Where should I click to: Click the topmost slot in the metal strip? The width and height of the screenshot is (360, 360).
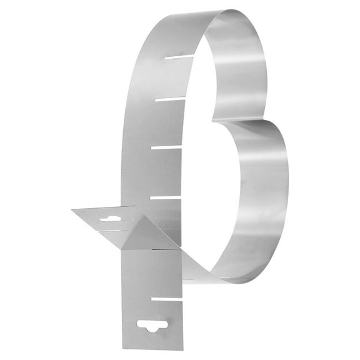pos(180,57)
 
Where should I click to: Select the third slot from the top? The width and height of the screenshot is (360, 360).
pos(166,147)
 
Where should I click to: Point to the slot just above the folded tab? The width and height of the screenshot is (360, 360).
pos(165,197)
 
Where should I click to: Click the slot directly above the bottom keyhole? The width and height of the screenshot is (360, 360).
pos(167,299)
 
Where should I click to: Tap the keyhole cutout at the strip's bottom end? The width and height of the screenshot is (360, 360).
pos(154,326)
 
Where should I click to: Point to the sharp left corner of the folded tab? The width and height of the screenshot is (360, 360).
pos(72,211)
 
